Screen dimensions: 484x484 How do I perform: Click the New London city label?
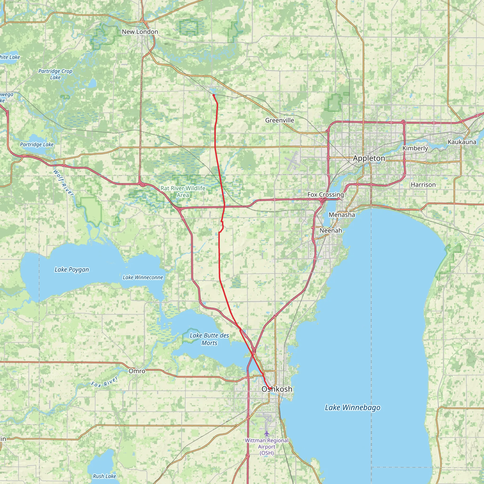(140, 32)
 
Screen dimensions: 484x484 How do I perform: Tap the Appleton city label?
(369, 158)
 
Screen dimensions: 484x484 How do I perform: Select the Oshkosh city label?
(277, 389)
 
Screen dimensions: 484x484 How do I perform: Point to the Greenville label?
(280, 120)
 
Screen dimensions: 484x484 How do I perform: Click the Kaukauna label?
(462, 142)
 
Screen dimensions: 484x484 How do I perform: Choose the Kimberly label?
(415, 148)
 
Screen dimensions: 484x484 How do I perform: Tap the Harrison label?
(423, 185)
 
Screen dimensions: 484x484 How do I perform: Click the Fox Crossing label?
(326, 195)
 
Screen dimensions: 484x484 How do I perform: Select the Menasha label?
(342, 215)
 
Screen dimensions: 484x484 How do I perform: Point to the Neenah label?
(331, 230)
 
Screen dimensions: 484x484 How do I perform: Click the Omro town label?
(137, 371)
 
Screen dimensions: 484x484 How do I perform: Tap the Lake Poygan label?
(72, 270)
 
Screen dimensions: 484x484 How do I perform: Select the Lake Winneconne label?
(143, 277)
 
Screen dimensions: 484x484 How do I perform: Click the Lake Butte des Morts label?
(209, 339)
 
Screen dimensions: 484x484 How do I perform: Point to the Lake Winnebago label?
(352, 408)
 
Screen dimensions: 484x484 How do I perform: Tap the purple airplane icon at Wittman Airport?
(267, 433)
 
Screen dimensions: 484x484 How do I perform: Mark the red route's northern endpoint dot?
(213, 95)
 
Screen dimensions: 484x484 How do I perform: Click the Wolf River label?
(63, 183)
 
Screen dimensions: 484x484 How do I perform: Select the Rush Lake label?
(104, 476)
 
